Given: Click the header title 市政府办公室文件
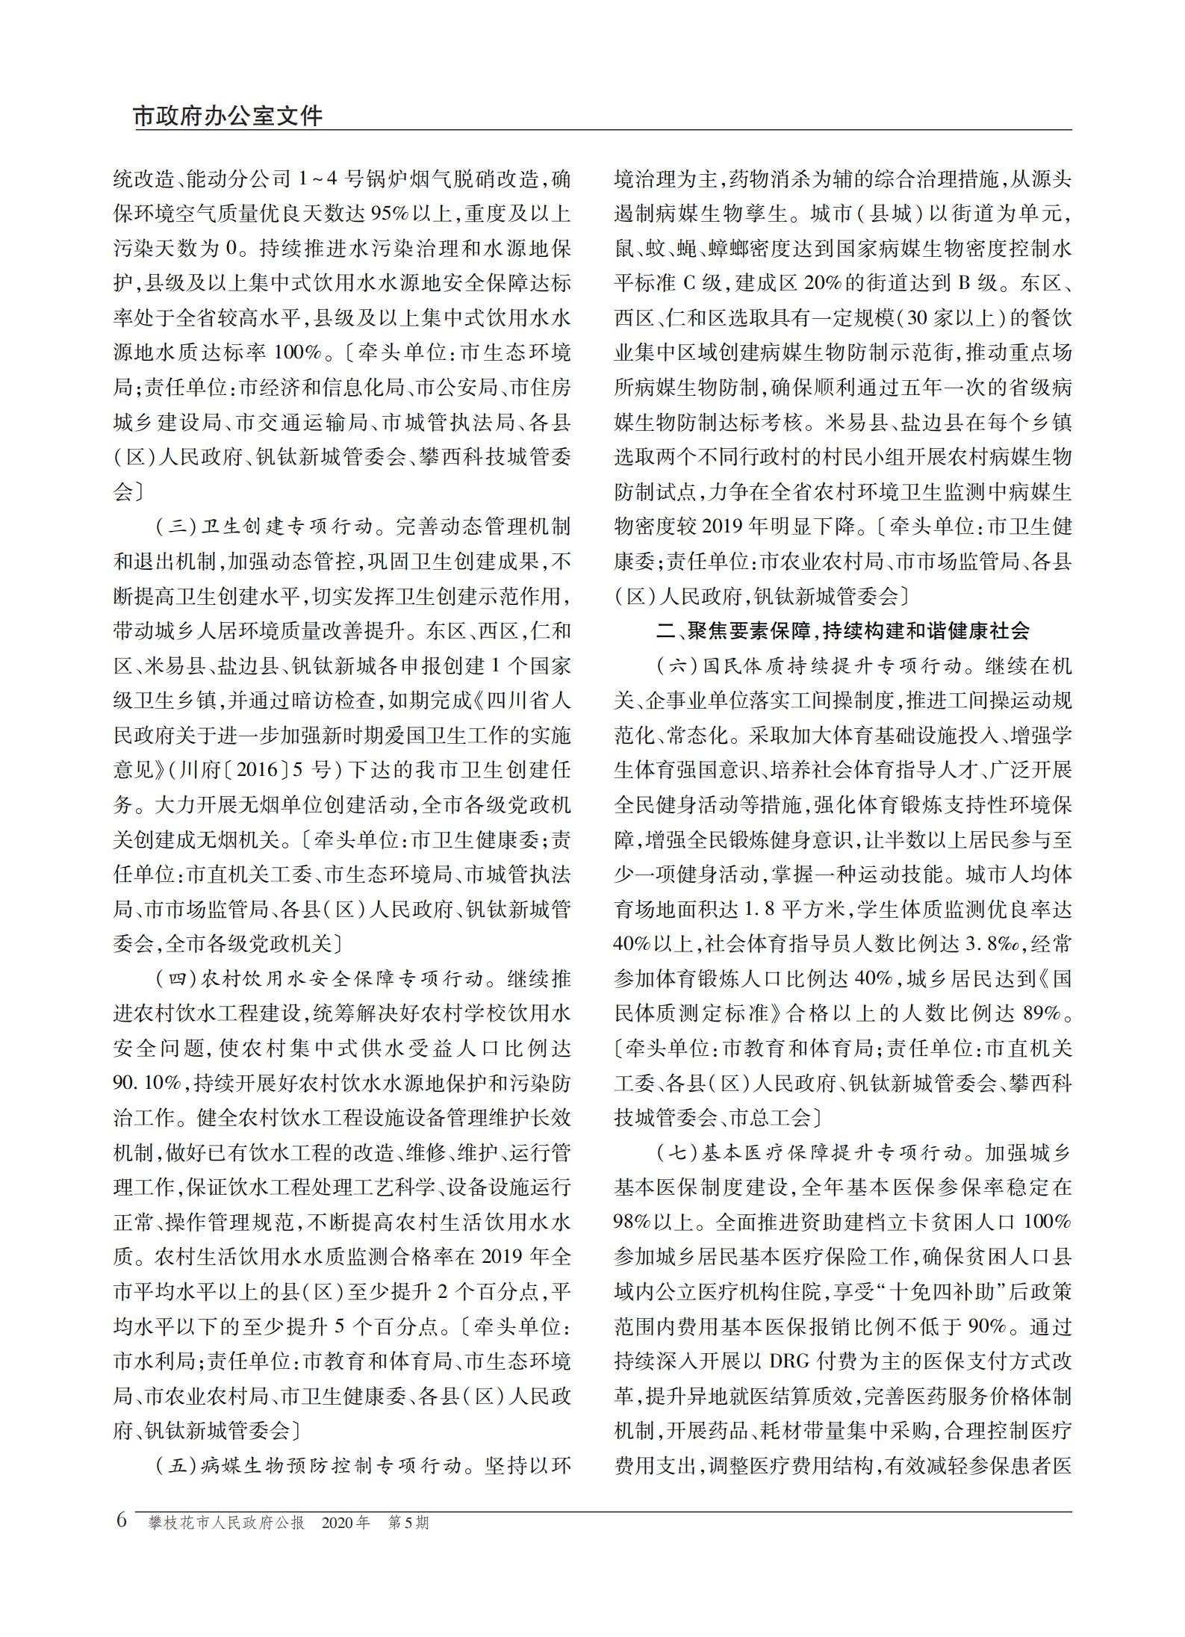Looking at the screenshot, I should [228, 117].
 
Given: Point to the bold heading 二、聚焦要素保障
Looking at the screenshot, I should [842, 631].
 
